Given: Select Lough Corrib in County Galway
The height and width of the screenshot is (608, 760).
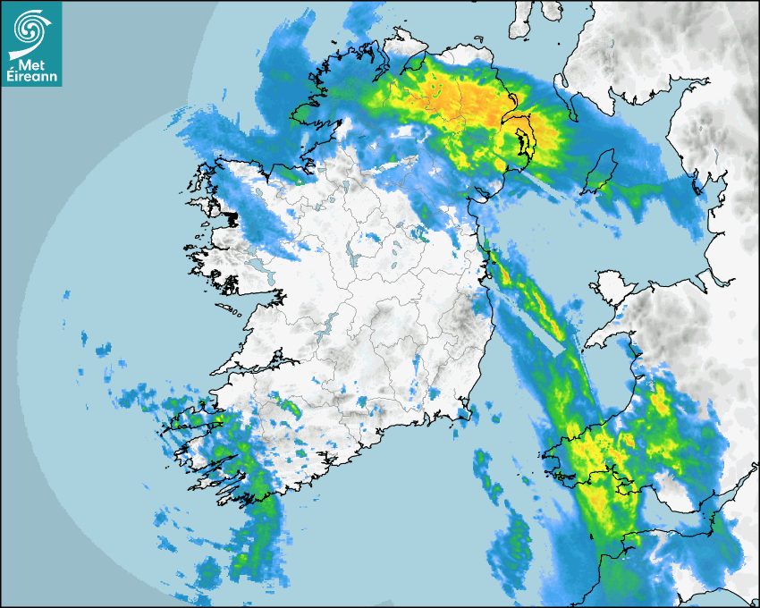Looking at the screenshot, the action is tap(260, 269).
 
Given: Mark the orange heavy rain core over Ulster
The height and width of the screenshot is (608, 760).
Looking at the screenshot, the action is tap(474, 98).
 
